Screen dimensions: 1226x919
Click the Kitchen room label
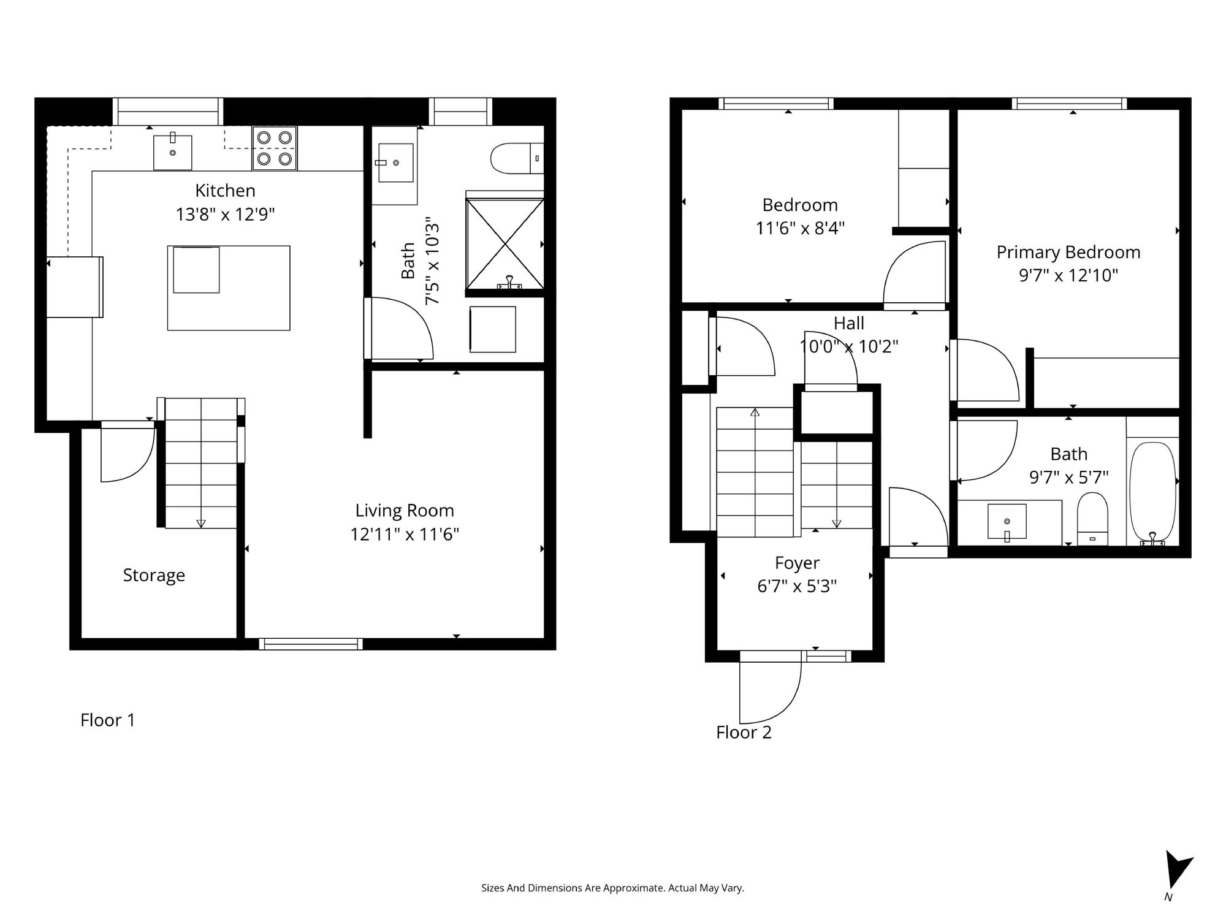pyautogui.click(x=225, y=191)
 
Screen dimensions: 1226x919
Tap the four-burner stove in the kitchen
pyautogui.click(x=275, y=148)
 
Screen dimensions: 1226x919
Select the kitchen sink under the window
pyautogui.click(x=172, y=151)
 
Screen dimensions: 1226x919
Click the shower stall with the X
pyautogui.click(x=504, y=243)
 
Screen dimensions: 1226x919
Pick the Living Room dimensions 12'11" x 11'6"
pyautogui.click(x=405, y=535)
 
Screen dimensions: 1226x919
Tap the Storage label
pyautogui.click(x=154, y=575)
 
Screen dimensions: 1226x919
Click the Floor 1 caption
pyautogui.click(x=107, y=720)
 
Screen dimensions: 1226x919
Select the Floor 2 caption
pyautogui.click(x=744, y=732)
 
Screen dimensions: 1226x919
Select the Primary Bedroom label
pyautogui.click(x=1068, y=252)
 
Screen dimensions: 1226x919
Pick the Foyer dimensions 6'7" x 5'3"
pyautogui.click(x=797, y=586)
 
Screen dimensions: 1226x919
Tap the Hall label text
pyautogui.click(x=849, y=323)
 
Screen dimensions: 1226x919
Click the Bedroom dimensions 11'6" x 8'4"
pyautogui.click(x=800, y=228)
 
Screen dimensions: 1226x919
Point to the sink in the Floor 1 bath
pyautogui.click(x=395, y=162)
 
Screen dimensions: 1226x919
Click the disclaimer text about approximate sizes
pyautogui.click(x=612, y=888)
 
